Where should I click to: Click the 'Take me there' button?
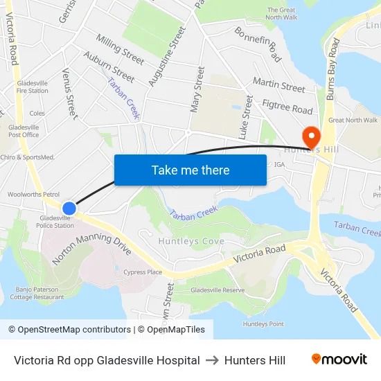tap(190, 170)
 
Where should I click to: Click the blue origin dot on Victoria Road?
tap(69, 208)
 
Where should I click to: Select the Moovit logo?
tap(339, 360)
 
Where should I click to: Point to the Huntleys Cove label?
tap(190, 241)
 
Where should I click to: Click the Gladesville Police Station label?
tap(56, 222)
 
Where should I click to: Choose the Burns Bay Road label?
tap(332, 69)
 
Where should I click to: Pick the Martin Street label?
tap(278, 85)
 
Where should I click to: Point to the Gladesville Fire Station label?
tap(33, 87)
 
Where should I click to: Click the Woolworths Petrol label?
tap(33, 195)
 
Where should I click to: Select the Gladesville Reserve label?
tap(218, 290)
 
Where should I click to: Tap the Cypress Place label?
tap(143, 272)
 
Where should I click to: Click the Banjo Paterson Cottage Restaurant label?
tap(37, 292)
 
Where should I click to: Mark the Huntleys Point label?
tap(263, 324)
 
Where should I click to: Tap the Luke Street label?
tap(245, 118)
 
